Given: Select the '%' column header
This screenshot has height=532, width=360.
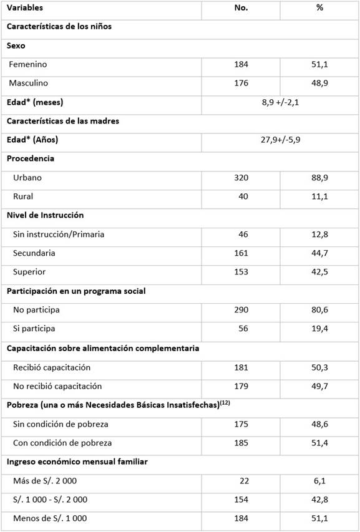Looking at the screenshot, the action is pyautogui.click(x=319, y=8).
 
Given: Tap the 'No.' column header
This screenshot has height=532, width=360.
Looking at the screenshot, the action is pyautogui.click(x=241, y=8).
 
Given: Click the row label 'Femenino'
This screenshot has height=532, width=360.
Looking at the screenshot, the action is pyautogui.click(x=27, y=64).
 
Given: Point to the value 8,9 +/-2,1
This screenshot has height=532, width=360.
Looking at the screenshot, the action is pyautogui.click(x=280, y=102).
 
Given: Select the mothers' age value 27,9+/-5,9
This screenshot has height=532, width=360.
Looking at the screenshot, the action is pyautogui.click(x=280, y=140).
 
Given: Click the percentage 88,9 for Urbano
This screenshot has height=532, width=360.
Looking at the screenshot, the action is pyautogui.click(x=319, y=178).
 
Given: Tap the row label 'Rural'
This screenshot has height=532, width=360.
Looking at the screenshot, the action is pyautogui.click(x=23, y=196).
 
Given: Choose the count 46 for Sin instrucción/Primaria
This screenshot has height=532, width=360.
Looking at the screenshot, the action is pyautogui.click(x=243, y=235).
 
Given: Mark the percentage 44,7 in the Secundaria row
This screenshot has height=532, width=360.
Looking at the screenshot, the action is pyautogui.click(x=319, y=253).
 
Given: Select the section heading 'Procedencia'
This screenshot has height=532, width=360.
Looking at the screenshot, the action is pyautogui.click(x=31, y=158).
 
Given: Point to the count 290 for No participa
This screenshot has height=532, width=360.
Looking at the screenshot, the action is pyautogui.click(x=240, y=310).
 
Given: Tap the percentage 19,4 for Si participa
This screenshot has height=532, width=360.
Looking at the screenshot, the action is pyautogui.click(x=319, y=329).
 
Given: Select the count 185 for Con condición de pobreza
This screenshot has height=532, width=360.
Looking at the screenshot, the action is pyautogui.click(x=240, y=443).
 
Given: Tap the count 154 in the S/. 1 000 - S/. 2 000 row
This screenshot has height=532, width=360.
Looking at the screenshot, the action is pyautogui.click(x=240, y=500).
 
